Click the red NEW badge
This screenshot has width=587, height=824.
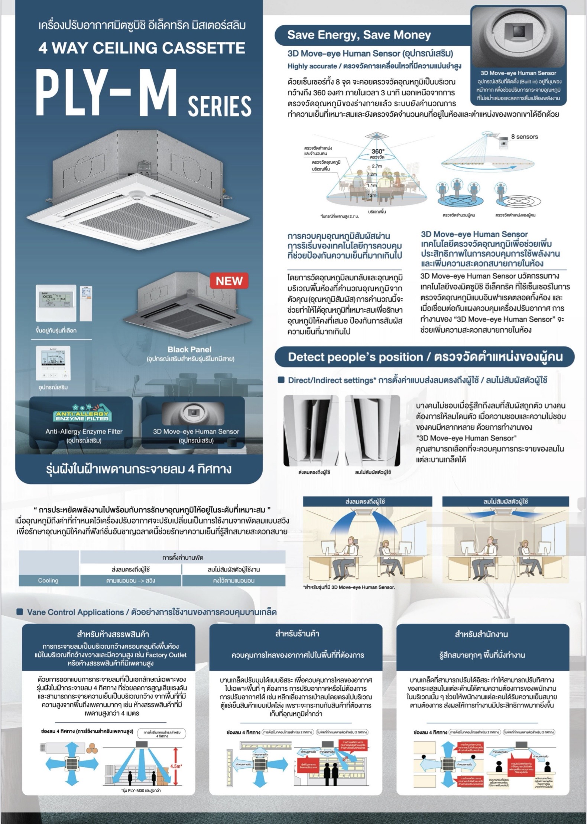click(229, 281)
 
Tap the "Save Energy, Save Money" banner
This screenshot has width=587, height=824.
click(359, 35)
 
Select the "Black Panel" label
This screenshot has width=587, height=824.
click(189, 349)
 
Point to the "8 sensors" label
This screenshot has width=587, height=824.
click(524, 137)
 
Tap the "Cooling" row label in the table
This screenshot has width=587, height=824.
click(48, 580)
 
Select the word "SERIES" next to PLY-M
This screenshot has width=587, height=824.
click(220, 106)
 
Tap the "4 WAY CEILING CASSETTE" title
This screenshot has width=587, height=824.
click(142, 48)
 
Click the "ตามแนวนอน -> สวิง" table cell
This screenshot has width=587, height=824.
click(130, 580)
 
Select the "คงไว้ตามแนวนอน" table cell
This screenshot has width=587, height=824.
click(234, 580)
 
